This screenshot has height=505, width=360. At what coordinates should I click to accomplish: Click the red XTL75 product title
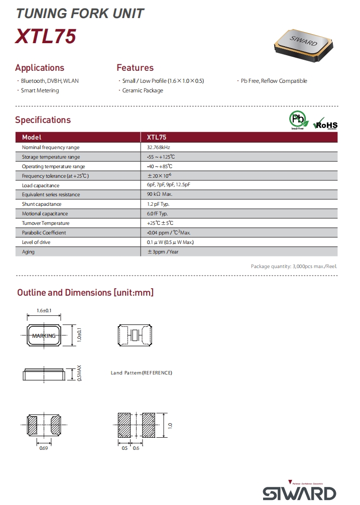click(x=46, y=37)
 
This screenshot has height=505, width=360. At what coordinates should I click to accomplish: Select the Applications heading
click(x=40, y=68)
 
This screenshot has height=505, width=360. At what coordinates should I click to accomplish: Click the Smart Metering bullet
click(x=40, y=90)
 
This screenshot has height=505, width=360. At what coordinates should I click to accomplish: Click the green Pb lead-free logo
click(x=297, y=120)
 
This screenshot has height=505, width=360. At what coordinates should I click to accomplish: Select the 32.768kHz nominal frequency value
click(x=159, y=148)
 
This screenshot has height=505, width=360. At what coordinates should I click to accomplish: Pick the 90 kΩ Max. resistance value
click(x=160, y=195)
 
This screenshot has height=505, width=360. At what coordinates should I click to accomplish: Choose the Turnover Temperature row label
click(x=46, y=223)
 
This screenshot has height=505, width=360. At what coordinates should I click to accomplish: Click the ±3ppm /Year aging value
click(x=163, y=251)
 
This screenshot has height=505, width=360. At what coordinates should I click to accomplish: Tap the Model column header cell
click(x=32, y=137)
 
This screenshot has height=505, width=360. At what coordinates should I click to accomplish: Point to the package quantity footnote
click(x=294, y=266)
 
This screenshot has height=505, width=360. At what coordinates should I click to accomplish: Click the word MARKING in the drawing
click(x=44, y=336)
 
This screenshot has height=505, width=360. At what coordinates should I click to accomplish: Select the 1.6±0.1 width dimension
click(x=44, y=311)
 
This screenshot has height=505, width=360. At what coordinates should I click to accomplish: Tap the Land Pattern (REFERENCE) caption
click(x=142, y=373)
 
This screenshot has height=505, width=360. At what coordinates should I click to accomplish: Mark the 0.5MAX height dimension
click(x=79, y=373)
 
